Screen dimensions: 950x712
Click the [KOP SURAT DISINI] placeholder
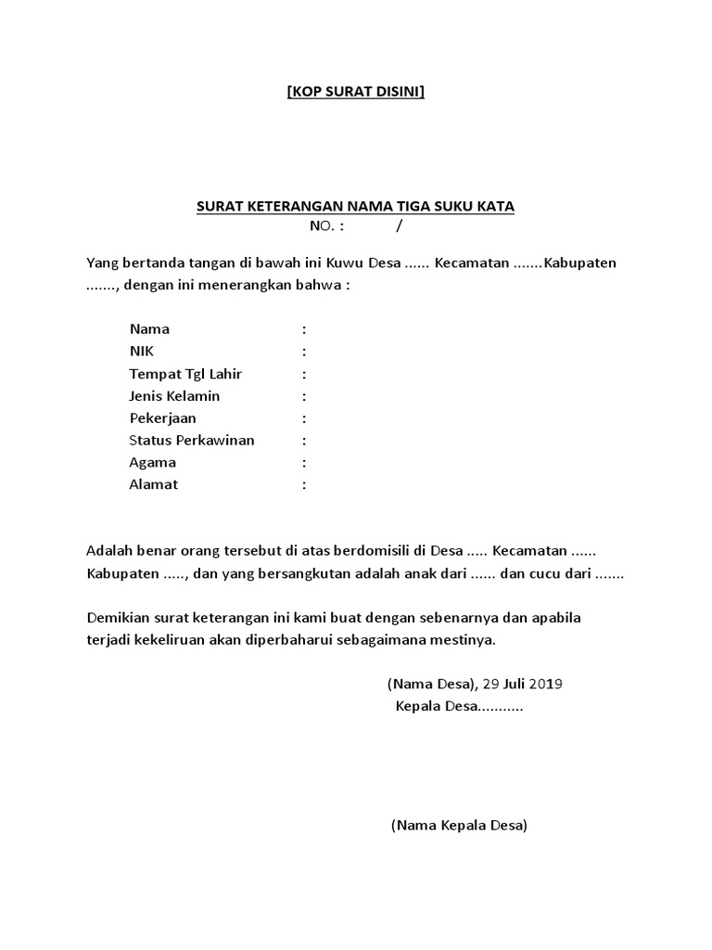click(x=356, y=92)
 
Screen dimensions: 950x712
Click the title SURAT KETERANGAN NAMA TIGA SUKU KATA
click(x=355, y=206)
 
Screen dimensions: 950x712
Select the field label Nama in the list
click(x=149, y=329)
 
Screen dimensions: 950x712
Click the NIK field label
click(x=142, y=352)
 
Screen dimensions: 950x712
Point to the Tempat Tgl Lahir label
click(x=185, y=374)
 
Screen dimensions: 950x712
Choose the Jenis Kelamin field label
click(x=174, y=396)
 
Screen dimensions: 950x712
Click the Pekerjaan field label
click(x=162, y=418)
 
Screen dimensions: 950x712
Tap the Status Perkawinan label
click(x=191, y=441)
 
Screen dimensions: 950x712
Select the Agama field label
click(x=152, y=463)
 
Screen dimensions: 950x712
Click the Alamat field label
click(x=153, y=484)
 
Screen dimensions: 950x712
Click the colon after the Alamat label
click(x=304, y=484)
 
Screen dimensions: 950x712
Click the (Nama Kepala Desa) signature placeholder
click(x=459, y=825)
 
